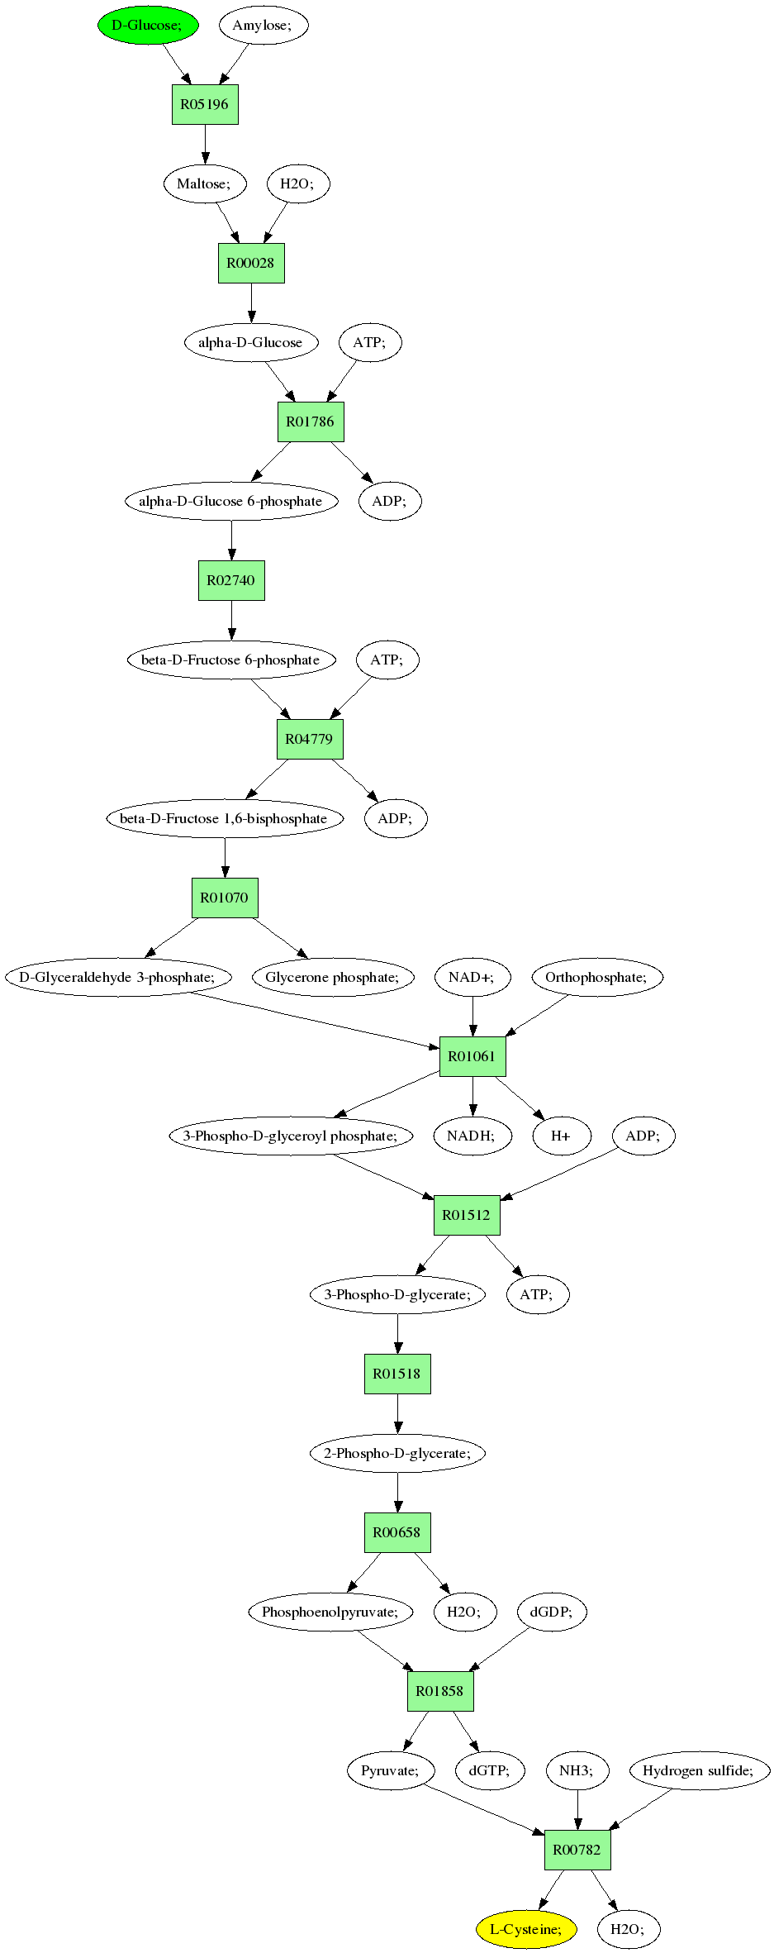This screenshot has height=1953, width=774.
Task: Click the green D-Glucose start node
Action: tap(148, 25)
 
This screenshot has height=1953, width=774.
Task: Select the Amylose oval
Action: tap(264, 25)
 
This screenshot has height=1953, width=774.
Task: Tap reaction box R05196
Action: tap(205, 104)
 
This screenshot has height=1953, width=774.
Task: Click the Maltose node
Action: tap(205, 183)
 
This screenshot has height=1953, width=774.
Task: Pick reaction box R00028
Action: tap(251, 263)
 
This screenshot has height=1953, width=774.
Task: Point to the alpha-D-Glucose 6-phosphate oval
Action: tap(231, 501)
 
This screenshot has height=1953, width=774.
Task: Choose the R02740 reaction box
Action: tap(231, 580)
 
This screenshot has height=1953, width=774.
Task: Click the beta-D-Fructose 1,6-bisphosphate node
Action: tap(225, 818)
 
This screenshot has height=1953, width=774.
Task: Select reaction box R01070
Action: tap(225, 898)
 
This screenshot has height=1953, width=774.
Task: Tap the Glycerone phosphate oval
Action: tap(333, 977)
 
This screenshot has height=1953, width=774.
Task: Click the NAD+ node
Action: tap(472, 977)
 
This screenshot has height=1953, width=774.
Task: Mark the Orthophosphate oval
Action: tap(597, 977)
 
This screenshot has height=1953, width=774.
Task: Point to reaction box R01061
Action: tap(472, 1056)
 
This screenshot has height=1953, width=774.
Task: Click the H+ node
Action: tap(561, 1136)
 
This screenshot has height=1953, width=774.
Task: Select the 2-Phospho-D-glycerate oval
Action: tap(397, 1453)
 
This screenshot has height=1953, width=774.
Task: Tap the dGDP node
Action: tap(552, 1612)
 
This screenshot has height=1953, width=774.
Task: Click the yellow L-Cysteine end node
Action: tap(526, 1929)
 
